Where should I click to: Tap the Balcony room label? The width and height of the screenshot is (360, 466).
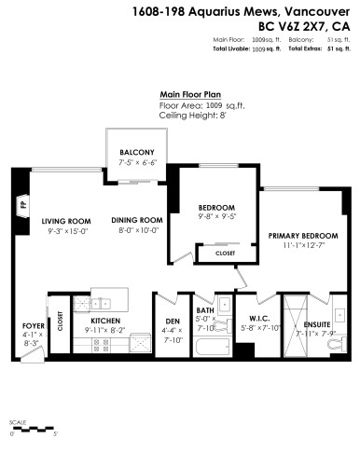[136, 154]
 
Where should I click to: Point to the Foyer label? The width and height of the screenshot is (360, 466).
[34, 325]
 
